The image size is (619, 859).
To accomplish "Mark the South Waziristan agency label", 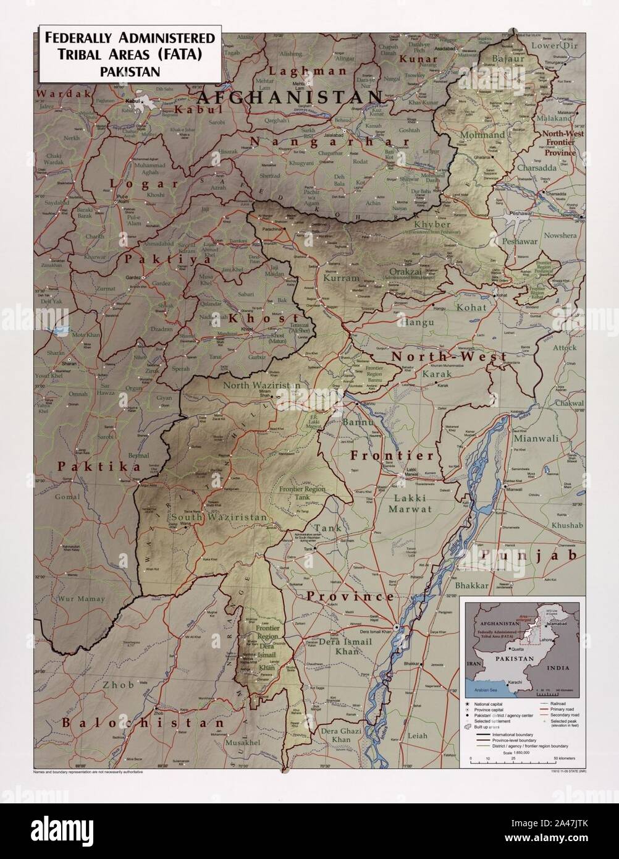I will coord(219,517).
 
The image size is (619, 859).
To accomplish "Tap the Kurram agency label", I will coord(341,279).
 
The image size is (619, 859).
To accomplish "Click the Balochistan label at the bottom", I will coord(143,722).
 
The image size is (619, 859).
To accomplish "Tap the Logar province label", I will coord(144,184).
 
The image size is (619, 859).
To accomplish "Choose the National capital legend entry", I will coord(492,705).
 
